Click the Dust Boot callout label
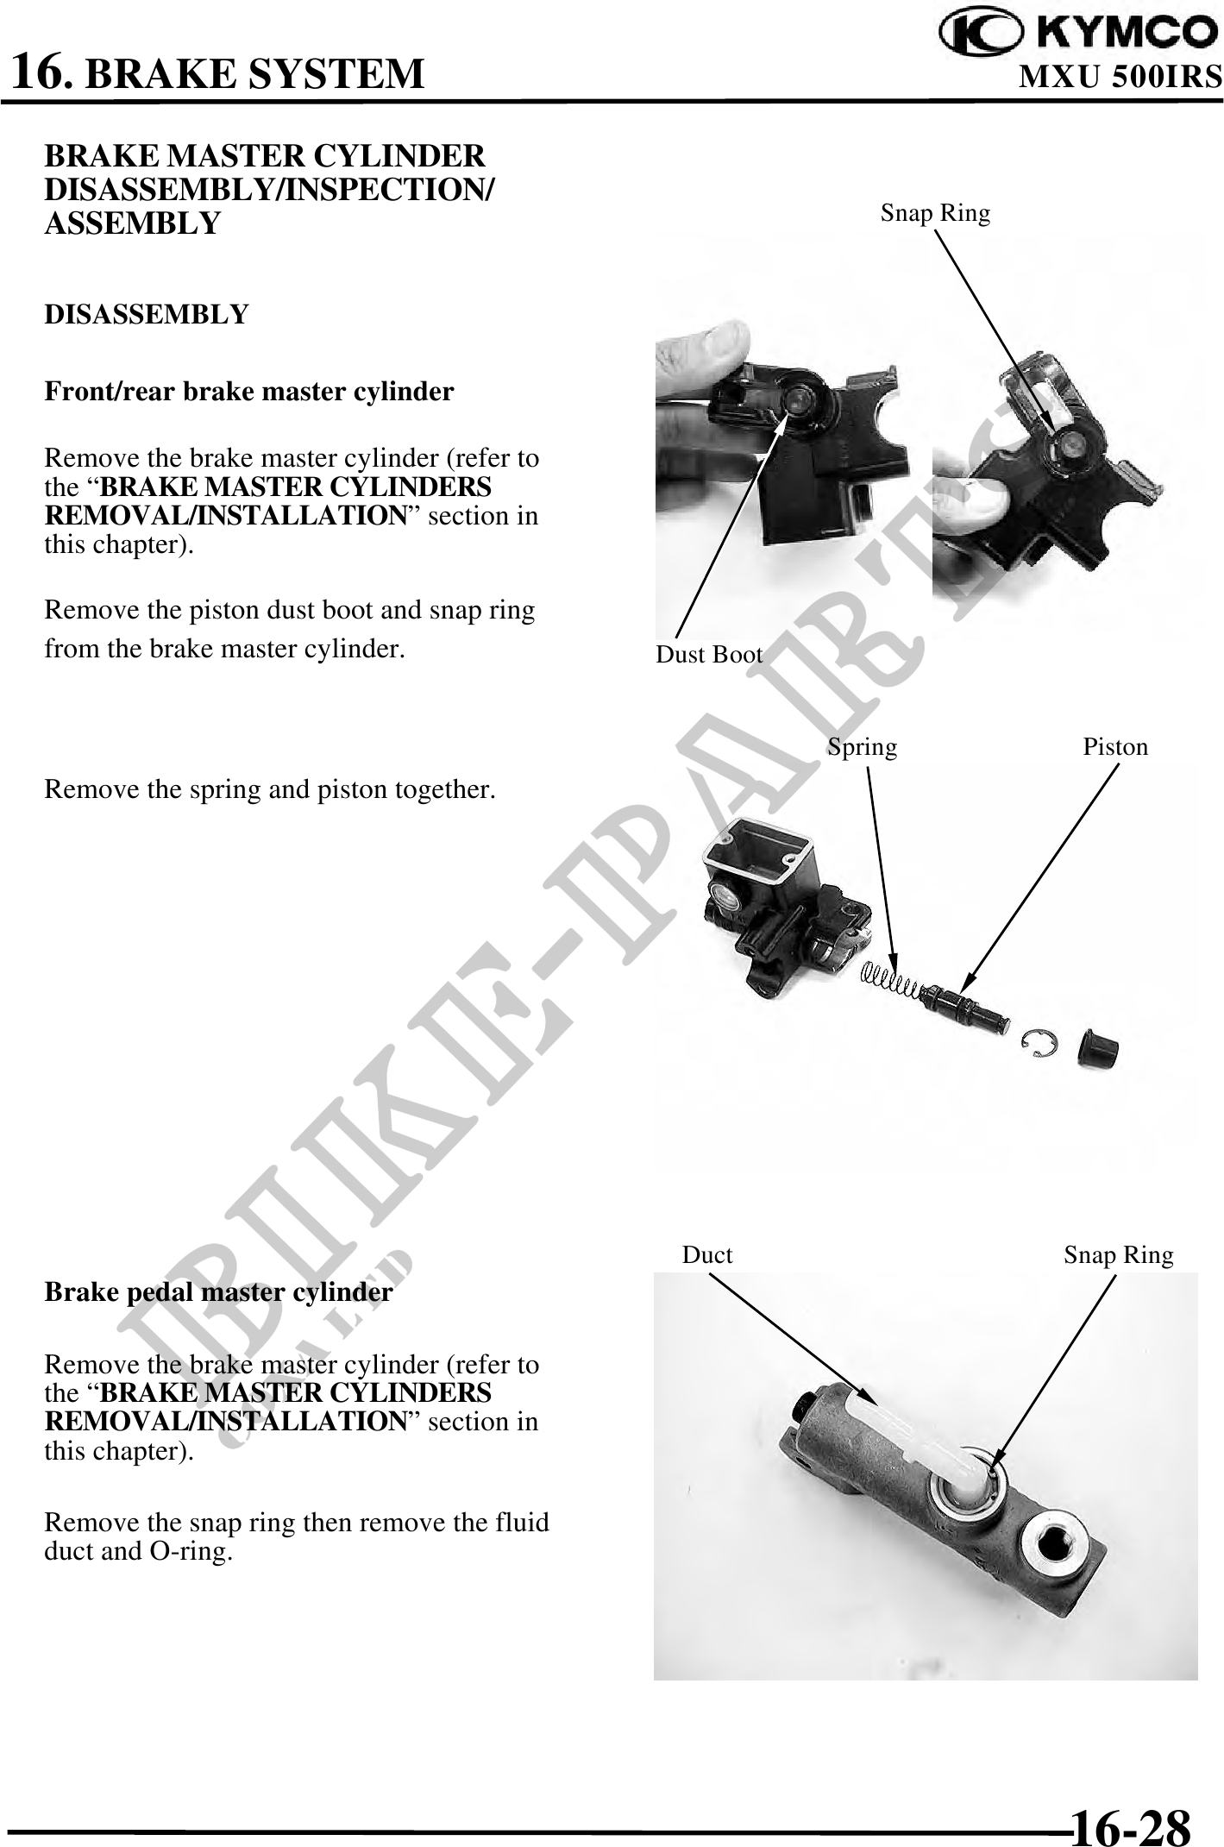click(709, 655)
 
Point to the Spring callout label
click(862, 747)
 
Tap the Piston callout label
click(1115, 747)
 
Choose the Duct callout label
click(707, 1255)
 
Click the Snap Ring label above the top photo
click(935, 213)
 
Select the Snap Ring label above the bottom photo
click(1119, 1255)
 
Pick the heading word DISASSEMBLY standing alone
click(146, 315)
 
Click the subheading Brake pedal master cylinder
click(218, 1292)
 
